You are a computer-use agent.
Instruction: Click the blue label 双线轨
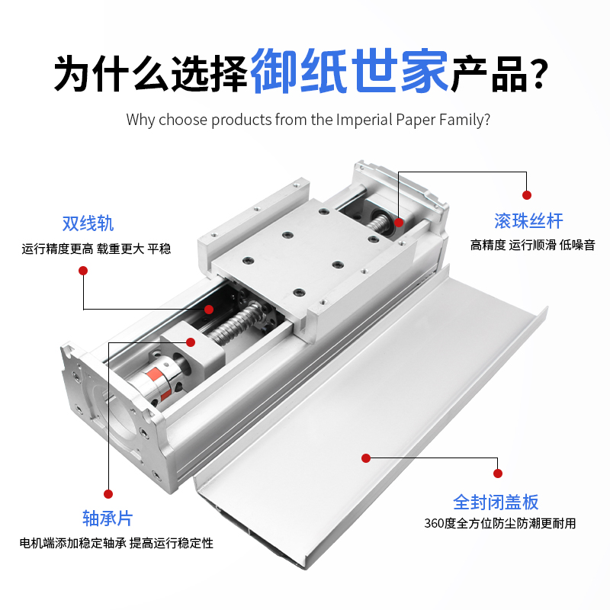88,223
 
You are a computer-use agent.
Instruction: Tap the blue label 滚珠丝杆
528,221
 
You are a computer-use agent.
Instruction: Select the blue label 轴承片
108,518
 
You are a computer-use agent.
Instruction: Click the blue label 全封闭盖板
496,502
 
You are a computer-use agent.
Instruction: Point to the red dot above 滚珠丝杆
525,195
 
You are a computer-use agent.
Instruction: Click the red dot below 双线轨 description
83,270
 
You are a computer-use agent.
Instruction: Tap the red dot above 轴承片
108,493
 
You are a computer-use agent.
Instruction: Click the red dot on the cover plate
366,458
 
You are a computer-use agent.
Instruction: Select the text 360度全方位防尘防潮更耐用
499,523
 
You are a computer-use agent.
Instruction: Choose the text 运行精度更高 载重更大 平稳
96,248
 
